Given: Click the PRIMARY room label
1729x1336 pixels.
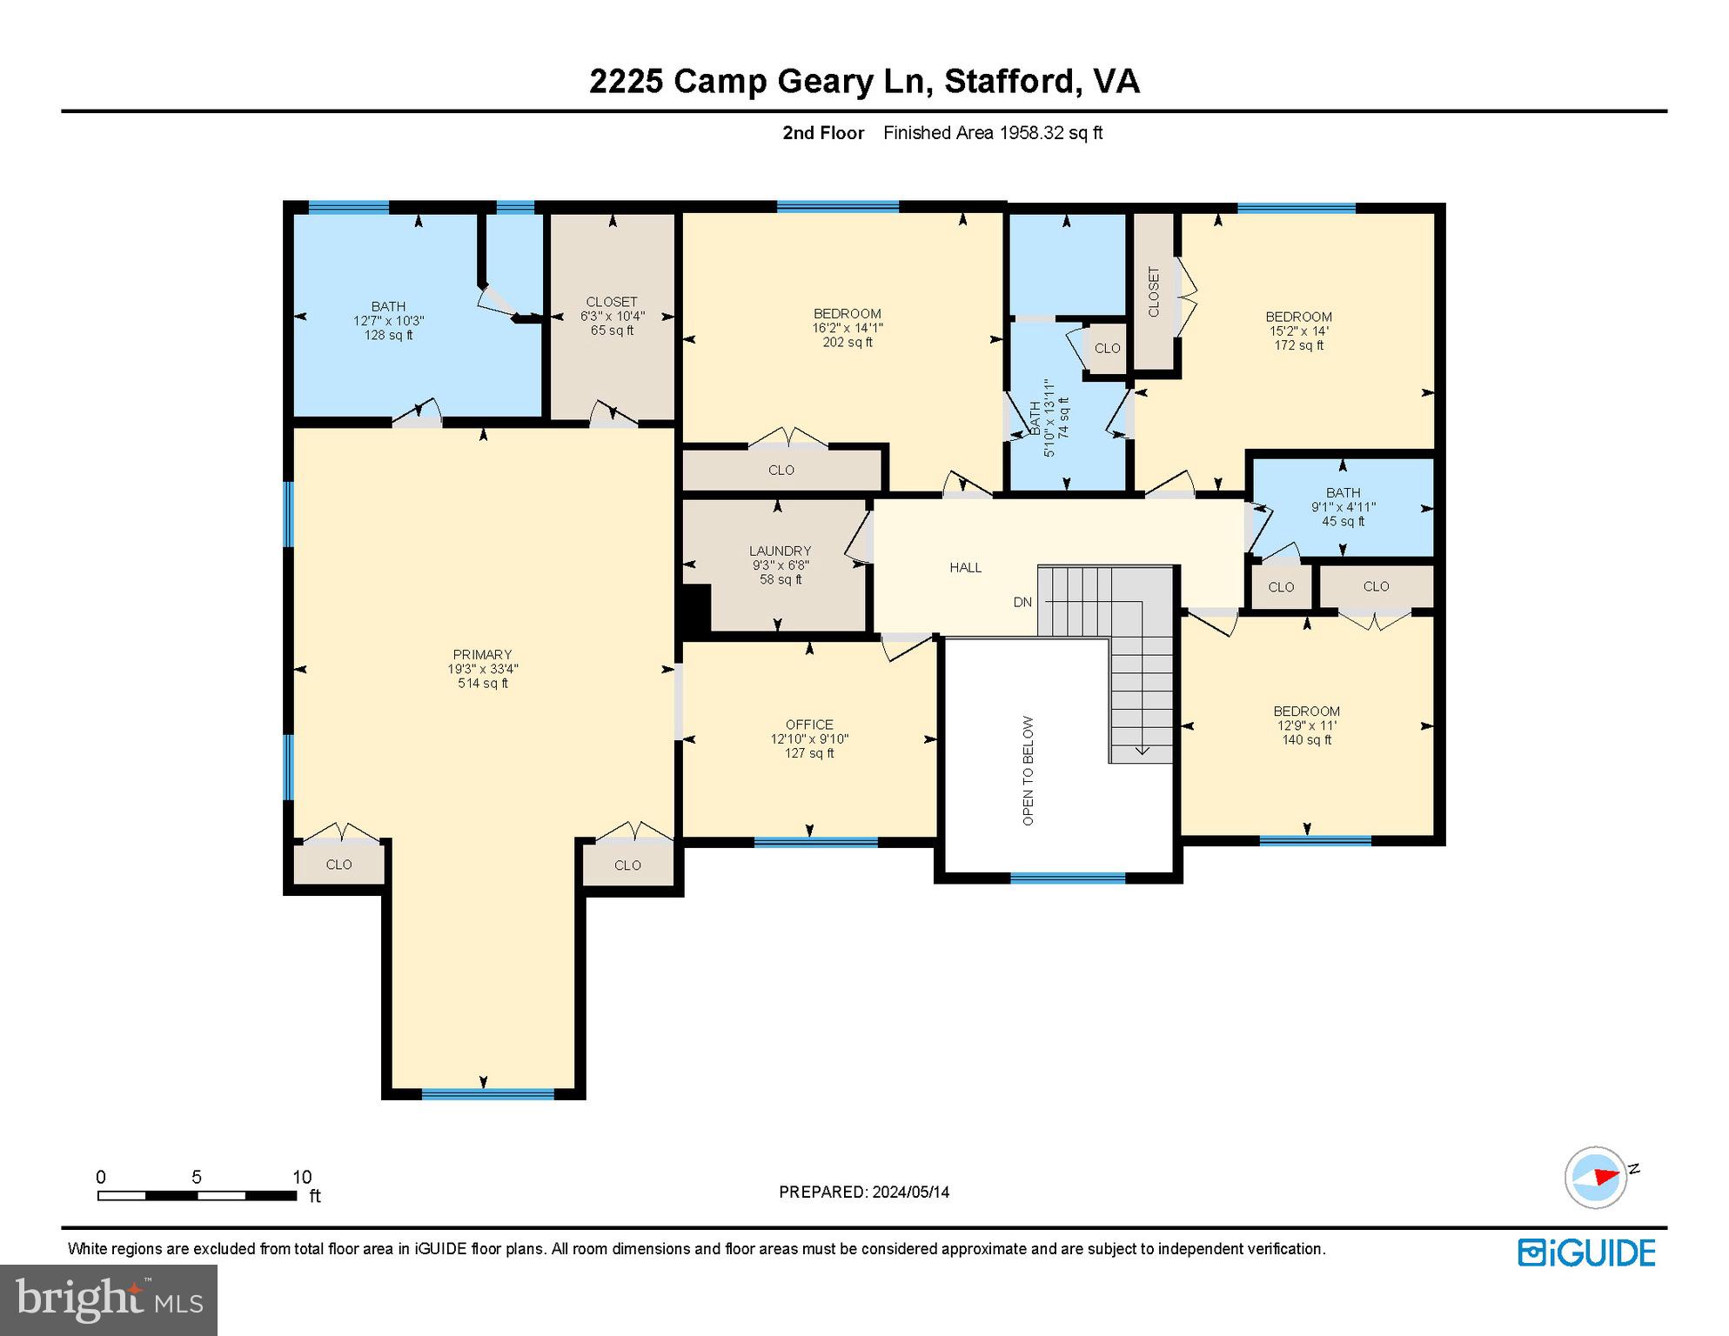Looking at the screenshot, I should point(482,654).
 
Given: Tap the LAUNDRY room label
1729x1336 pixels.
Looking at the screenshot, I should point(780,551).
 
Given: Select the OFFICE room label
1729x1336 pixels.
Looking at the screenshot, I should point(809,725).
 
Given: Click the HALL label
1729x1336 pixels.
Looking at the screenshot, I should point(965,567).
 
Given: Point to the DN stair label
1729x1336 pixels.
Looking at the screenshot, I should point(1022,602).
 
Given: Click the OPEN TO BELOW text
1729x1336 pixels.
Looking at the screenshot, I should point(1028,771).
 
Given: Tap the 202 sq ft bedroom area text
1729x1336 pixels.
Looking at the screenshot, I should point(848,343).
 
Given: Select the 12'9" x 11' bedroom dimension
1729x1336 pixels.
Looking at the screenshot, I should point(1306,725).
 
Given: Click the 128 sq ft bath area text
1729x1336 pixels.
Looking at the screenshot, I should point(388,335).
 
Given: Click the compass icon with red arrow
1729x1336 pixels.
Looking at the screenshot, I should point(1596,1177).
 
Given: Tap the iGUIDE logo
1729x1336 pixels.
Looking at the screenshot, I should point(1586,1252).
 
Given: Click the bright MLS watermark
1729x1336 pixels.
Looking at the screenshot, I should point(109,1299).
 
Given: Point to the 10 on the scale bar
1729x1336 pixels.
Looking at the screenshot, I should point(301,1177).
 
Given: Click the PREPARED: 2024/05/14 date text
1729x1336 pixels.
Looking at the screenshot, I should point(864,1192).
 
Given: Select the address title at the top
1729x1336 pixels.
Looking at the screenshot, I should point(864,81).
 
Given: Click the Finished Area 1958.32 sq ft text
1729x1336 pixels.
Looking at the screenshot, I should point(993,133).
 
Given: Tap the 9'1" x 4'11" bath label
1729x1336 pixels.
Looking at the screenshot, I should point(1343,507).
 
